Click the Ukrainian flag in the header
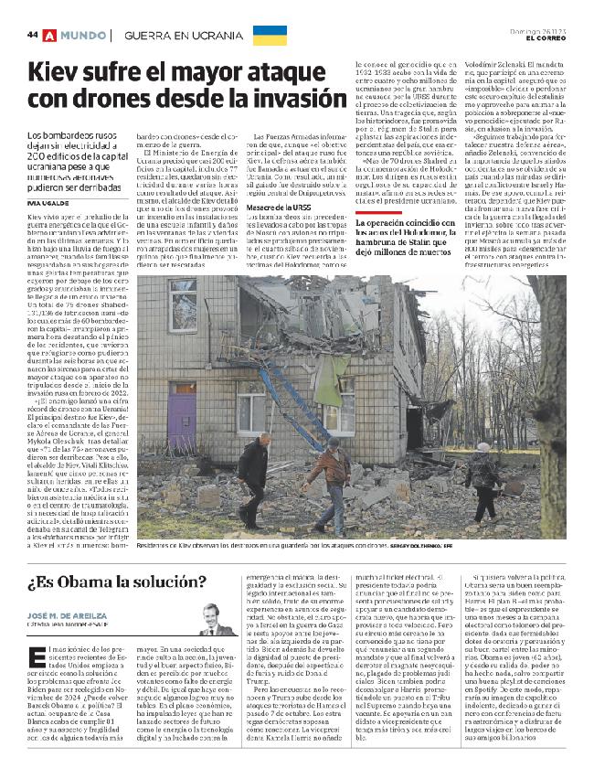point(270,36)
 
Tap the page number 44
point(32,35)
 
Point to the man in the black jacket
point(251,475)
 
